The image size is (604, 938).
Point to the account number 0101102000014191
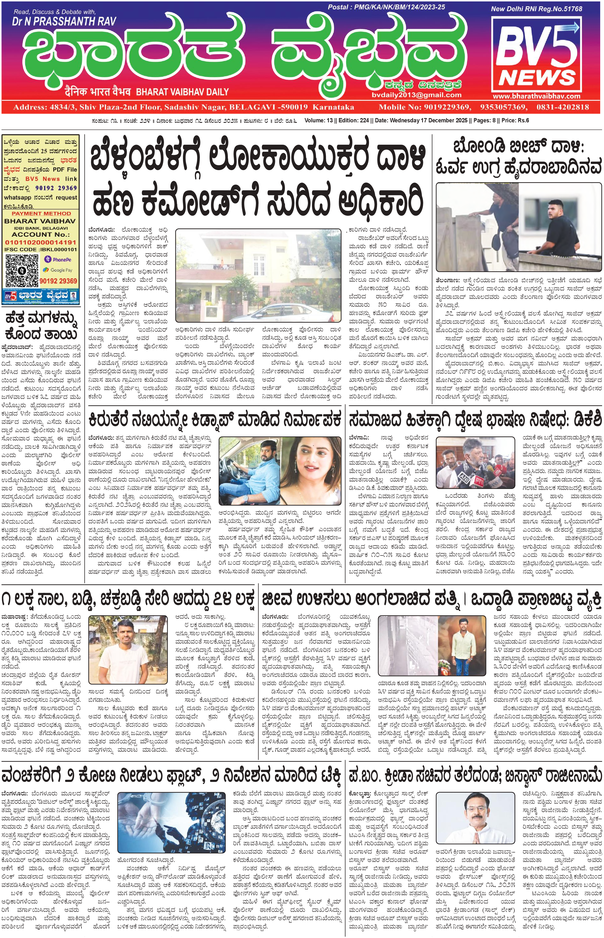click(41, 242)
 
